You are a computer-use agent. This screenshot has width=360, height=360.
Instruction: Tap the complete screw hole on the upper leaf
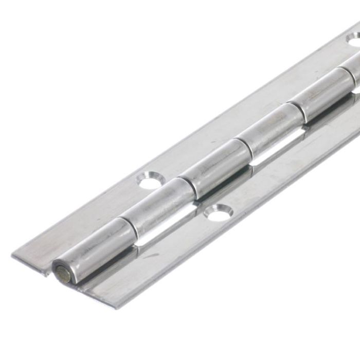[150, 181]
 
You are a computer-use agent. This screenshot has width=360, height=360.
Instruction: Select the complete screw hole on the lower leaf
[219, 211]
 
